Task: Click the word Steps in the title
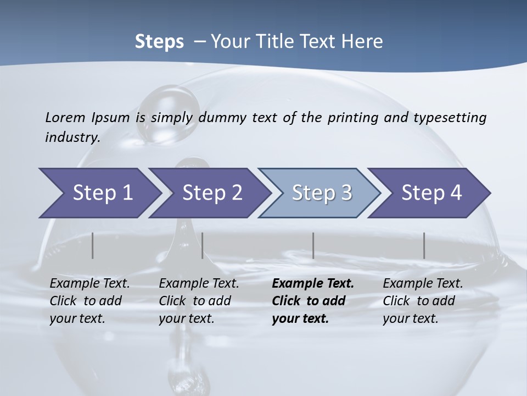pyautogui.click(x=159, y=42)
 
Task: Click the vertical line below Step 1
pyautogui.click(x=93, y=245)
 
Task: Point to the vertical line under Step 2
pyautogui.click(x=203, y=245)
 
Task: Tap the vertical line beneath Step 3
pyautogui.click(x=313, y=245)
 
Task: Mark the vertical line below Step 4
pyautogui.click(x=424, y=245)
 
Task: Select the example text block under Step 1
pyautogui.click(x=89, y=301)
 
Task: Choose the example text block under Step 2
pyautogui.click(x=199, y=301)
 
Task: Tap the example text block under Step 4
pyautogui.click(x=423, y=301)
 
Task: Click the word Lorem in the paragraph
pyautogui.click(x=65, y=118)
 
